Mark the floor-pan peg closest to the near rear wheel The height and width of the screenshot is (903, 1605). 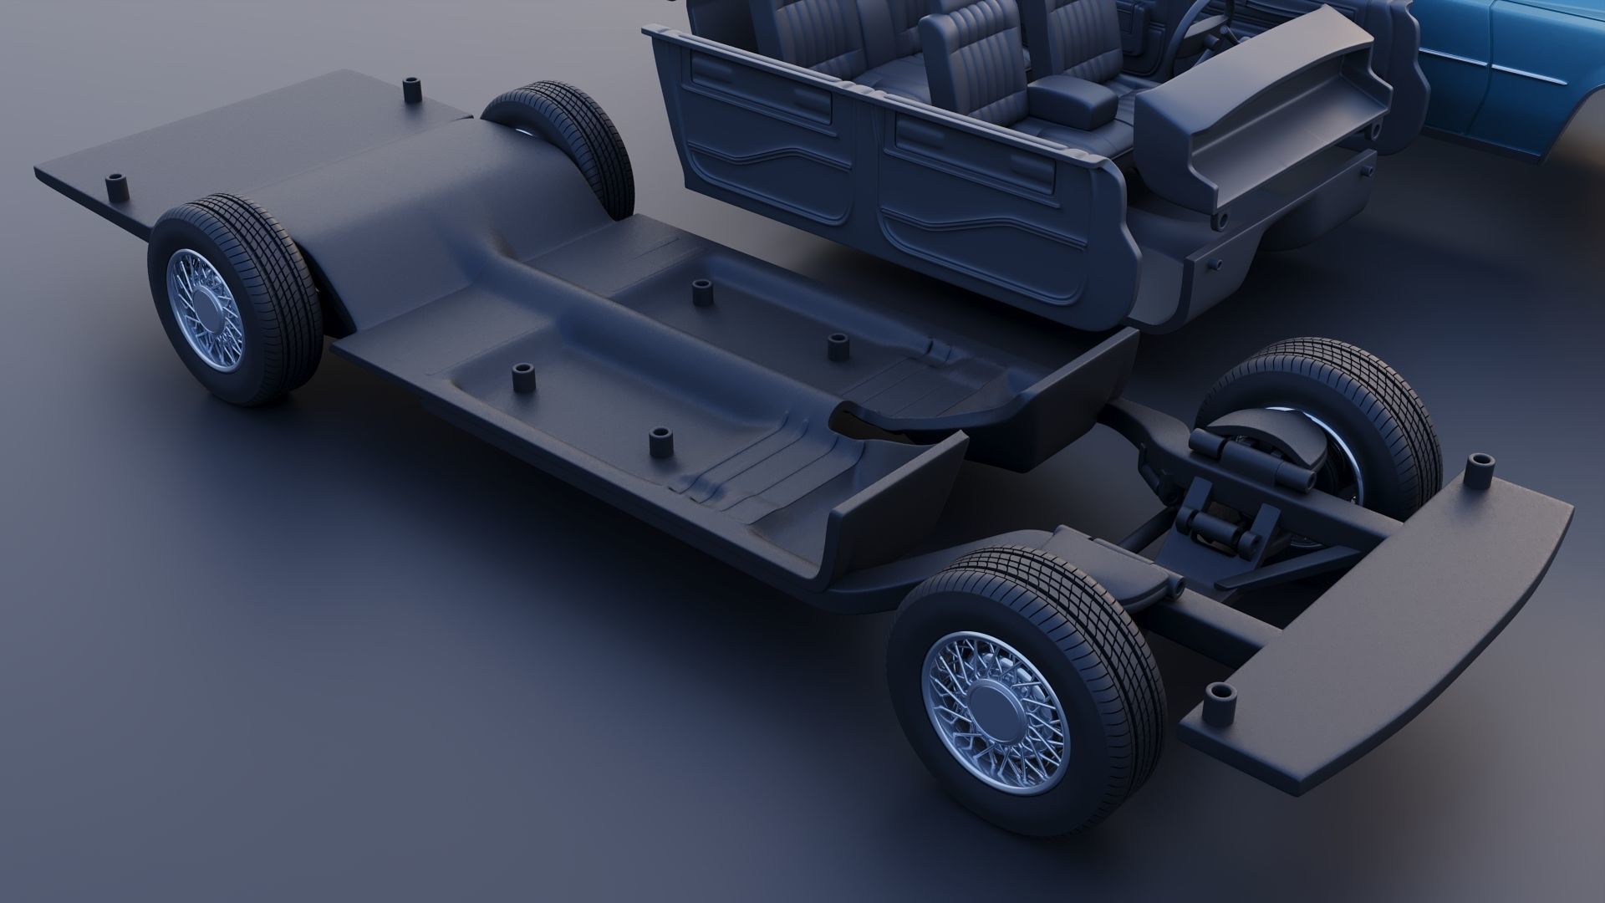[525, 379]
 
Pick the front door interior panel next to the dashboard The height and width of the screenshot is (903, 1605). [986, 192]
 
